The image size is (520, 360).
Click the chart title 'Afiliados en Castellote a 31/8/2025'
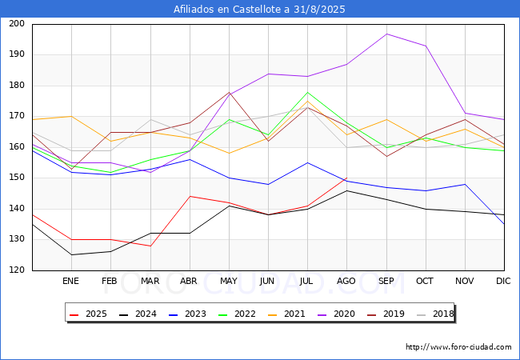pyautogui.click(x=259, y=10)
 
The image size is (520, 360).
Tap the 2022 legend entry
pyautogui.click(x=239, y=314)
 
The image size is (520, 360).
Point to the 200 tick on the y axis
pyautogui.click(x=16, y=24)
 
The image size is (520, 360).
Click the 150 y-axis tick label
pyautogui.click(x=16, y=178)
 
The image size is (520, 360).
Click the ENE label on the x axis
pyautogui.click(x=70, y=282)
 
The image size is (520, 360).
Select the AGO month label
pyautogui.click(x=346, y=282)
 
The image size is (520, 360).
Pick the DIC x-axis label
pyautogui.click(x=503, y=282)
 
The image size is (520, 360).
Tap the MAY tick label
pyautogui.click(x=228, y=282)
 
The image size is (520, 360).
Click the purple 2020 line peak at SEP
pyautogui.click(x=386, y=34)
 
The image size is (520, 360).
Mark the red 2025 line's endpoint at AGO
pyautogui.click(x=346, y=178)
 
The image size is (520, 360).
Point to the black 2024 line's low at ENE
pyautogui.click(x=70, y=255)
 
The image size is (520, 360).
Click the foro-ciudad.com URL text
pyautogui.click(x=458, y=347)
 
